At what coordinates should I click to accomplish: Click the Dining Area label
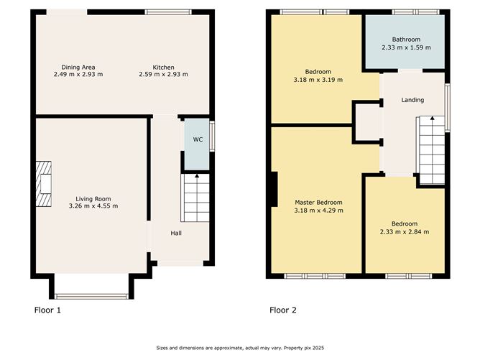78,68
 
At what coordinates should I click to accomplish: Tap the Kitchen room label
163,68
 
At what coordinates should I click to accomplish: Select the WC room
196,140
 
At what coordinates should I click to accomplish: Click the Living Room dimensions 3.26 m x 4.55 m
93,206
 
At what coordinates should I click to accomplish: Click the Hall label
176,234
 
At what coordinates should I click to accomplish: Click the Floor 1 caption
49,310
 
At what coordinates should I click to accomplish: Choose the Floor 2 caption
283,310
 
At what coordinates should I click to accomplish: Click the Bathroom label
406,40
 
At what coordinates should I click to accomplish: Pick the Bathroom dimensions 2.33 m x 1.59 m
406,47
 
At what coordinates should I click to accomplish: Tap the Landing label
412,100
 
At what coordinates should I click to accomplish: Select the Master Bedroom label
318,203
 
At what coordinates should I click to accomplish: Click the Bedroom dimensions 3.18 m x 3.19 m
318,80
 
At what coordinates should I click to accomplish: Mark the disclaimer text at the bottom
241,349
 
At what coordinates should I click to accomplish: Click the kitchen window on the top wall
168,11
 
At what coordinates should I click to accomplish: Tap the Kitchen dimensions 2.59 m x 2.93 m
163,75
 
